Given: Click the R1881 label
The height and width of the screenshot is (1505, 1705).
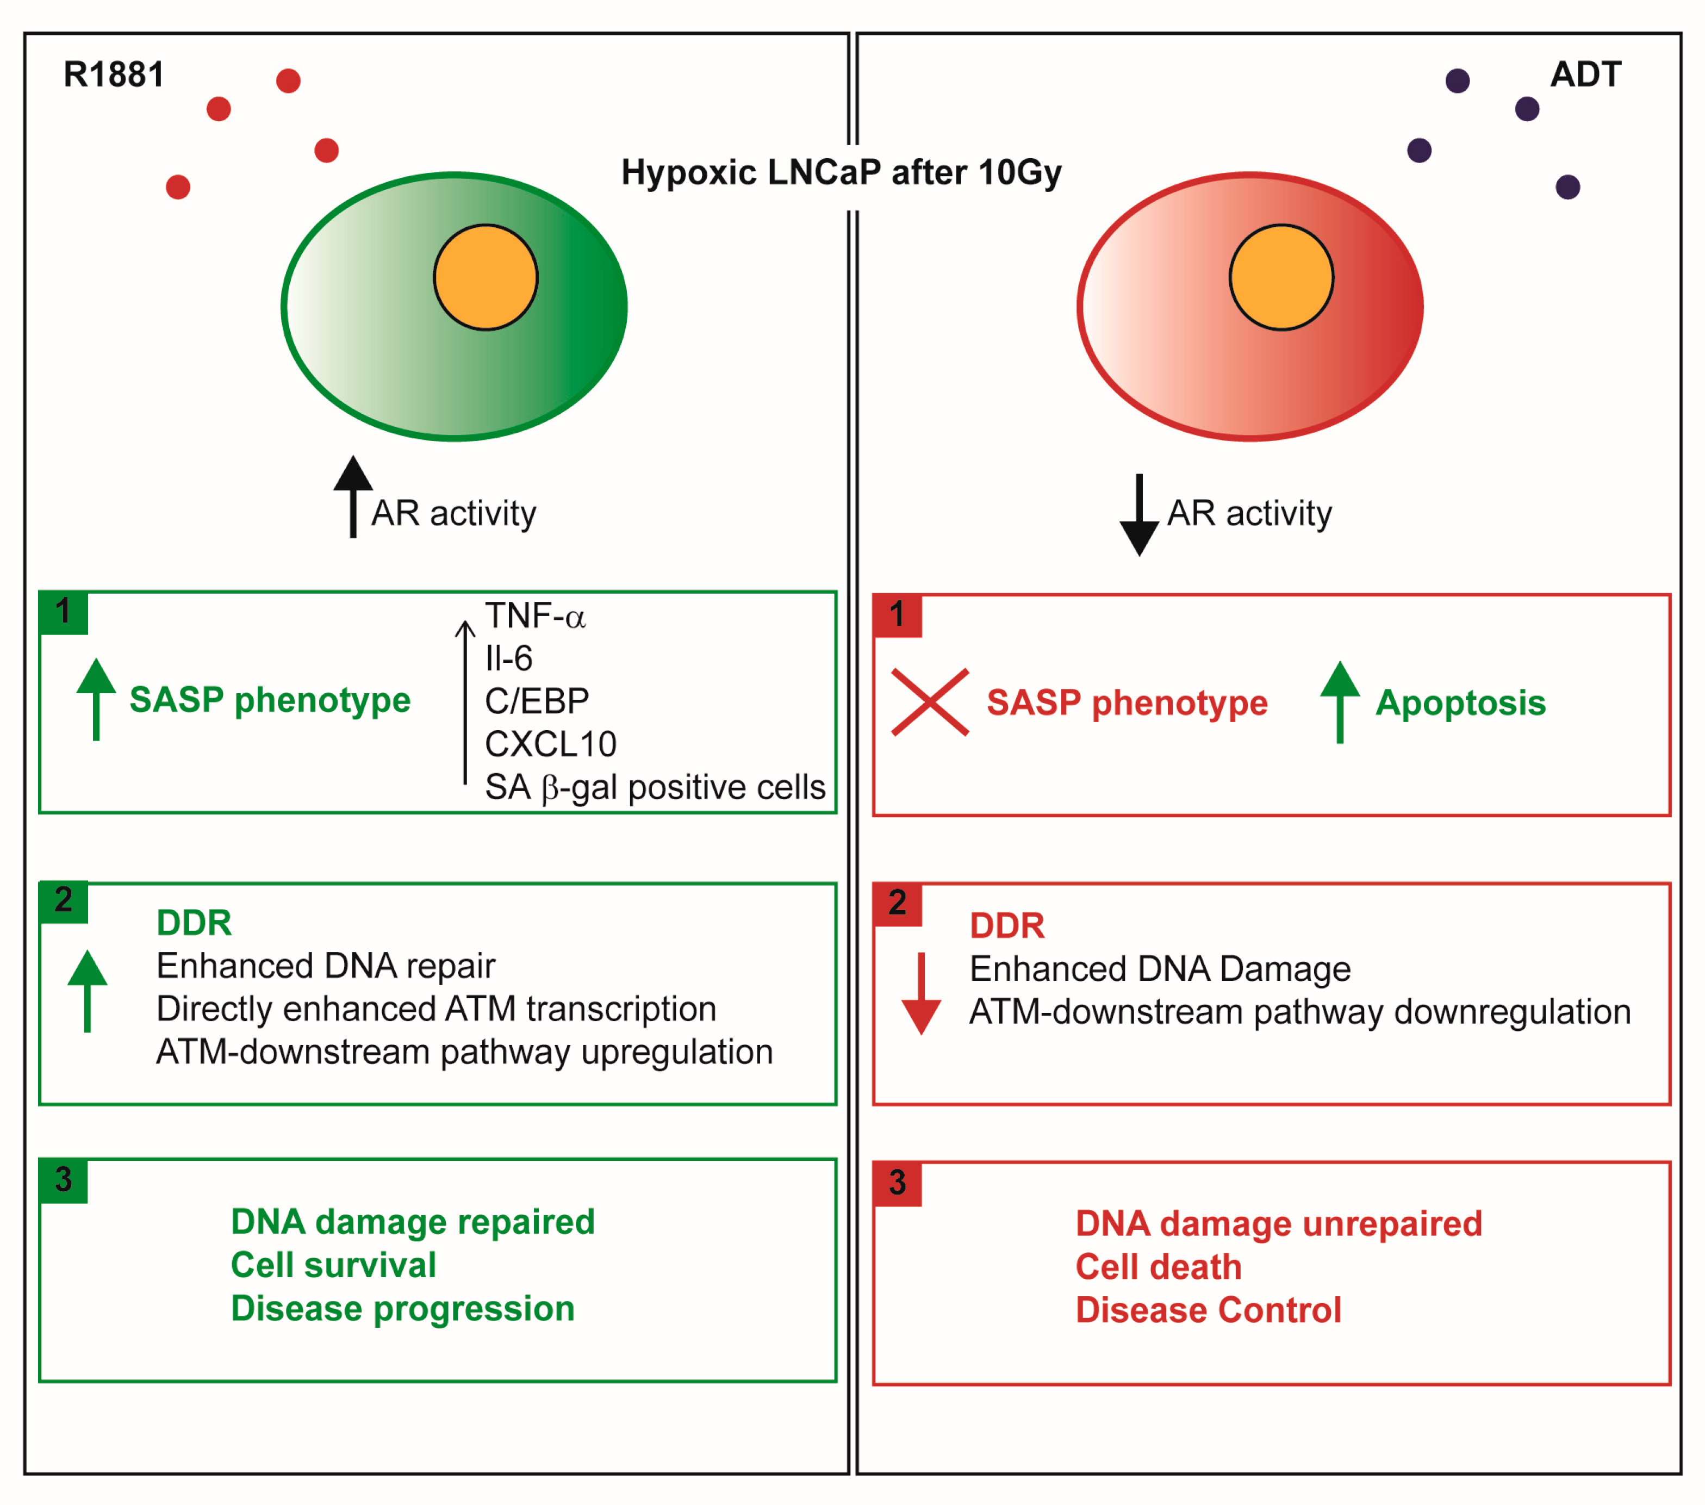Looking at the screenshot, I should (x=114, y=75).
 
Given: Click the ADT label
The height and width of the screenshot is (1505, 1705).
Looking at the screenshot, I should (x=1585, y=75).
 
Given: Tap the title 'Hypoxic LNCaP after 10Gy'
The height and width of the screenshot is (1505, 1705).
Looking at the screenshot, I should (x=841, y=173).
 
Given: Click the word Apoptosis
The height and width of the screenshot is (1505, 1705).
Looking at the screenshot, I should (x=1460, y=702).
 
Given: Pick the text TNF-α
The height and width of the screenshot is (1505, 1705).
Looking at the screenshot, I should (x=534, y=617).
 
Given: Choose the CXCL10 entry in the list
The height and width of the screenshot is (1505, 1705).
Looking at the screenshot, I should (x=551, y=744).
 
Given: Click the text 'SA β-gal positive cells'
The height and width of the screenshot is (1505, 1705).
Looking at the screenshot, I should (x=655, y=787).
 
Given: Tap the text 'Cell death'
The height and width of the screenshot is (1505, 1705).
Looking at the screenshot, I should (x=1158, y=1267).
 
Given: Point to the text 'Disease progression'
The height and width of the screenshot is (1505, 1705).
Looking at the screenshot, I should (x=402, y=1309).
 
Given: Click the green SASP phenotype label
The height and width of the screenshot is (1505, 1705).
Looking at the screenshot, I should (x=270, y=700).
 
